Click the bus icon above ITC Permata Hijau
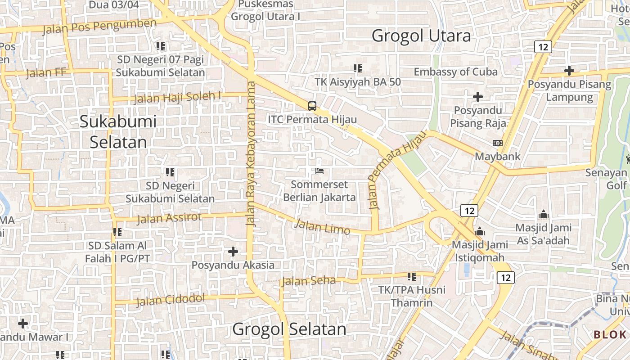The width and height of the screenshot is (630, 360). pos(312,106)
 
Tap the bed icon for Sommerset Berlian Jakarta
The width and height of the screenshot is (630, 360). pos(319,171)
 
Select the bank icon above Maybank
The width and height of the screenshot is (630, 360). pos(498,143)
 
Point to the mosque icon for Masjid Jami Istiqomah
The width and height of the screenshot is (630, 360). pos(480,231)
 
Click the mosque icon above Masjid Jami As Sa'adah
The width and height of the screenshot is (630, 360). pos(543,214)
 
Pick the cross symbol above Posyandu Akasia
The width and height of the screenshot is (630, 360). pos(233,252)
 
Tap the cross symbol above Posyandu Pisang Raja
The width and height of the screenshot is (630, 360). pos(478,96)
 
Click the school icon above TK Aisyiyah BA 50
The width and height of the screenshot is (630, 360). pos(358,68)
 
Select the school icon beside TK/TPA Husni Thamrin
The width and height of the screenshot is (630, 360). pos(411,276)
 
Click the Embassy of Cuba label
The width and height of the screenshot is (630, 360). pos(455,72)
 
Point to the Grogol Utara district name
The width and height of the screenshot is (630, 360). pos(421,36)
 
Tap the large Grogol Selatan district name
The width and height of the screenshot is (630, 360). pos(289,329)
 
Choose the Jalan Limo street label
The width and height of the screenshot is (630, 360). pos(321,226)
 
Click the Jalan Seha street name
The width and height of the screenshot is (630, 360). pos(309,281)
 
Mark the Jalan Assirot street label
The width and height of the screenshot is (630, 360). pos(169,218)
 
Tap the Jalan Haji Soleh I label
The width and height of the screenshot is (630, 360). pos(178,97)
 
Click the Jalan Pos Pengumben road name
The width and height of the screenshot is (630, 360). pos(99,27)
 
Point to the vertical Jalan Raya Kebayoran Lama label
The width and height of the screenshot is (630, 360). pos(251,153)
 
